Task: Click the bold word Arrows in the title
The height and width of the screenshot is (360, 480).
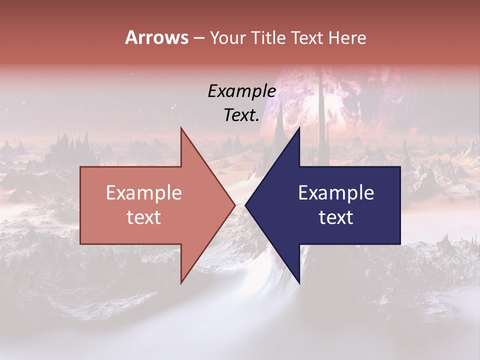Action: (156, 37)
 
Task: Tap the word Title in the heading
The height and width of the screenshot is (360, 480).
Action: (270, 37)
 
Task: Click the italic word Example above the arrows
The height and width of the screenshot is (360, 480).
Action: (241, 91)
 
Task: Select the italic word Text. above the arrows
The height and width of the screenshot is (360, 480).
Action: (241, 115)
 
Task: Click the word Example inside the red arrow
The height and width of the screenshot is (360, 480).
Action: (144, 193)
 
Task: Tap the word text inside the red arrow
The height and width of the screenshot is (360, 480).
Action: (144, 217)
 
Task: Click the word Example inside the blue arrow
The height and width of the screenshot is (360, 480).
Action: (336, 193)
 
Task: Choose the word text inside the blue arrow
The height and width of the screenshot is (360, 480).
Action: (336, 217)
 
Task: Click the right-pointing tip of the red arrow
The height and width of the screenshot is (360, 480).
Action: (235, 205)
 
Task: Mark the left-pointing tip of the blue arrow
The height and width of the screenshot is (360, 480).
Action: (245, 205)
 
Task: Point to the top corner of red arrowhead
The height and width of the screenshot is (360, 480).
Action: (181, 127)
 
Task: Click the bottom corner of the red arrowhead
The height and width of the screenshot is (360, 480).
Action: (181, 283)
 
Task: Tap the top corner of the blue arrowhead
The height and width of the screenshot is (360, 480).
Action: (299, 127)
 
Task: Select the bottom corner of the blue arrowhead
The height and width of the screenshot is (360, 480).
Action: (299, 283)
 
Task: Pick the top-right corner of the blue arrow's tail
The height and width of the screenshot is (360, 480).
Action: (400, 167)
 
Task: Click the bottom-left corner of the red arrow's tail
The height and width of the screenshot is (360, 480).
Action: (80, 244)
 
